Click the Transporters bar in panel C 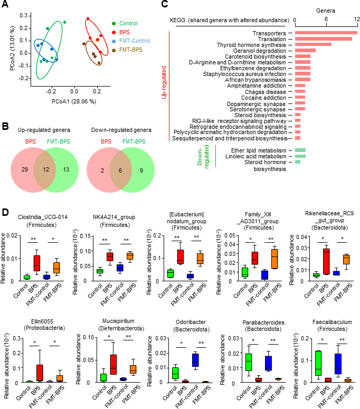coord(326,33)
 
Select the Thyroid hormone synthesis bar coord(313,44)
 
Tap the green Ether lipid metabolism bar coord(300,150)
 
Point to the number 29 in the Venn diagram coord(25,169)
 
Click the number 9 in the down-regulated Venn coord(141,170)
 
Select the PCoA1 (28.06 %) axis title coord(74,101)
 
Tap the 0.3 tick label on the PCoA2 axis coord(23,16)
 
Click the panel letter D coord(5,212)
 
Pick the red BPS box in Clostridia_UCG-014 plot coord(37,264)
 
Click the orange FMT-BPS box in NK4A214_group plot coord(130,256)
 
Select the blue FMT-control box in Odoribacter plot coord(195,360)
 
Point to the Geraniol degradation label coord(260,51)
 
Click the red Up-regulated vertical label coord(164,82)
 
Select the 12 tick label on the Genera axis coord(357,20)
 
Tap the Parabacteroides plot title coord(263,326)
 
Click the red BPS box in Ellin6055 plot coord(40,373)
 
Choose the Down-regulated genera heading coord(121,130)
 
